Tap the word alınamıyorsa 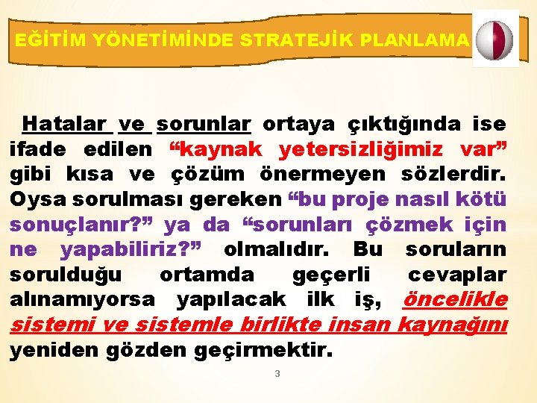pyautogui.click(x=83, y=300)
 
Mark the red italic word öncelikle pyautogui.click(x=454, y=300)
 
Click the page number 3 pyautogui.click(x=277, y=373)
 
